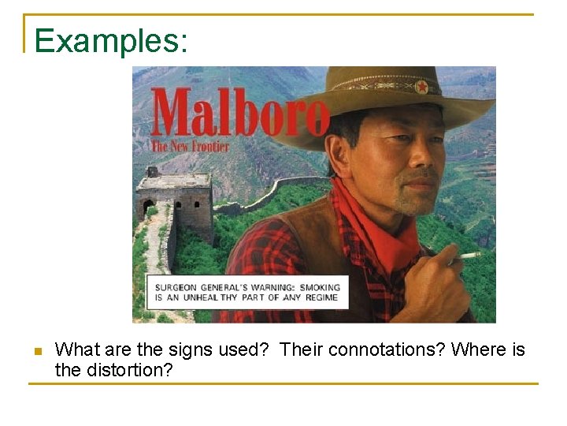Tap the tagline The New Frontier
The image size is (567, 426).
(190, 146)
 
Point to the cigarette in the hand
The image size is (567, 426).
(469, 255)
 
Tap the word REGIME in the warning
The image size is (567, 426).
(321, 298)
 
